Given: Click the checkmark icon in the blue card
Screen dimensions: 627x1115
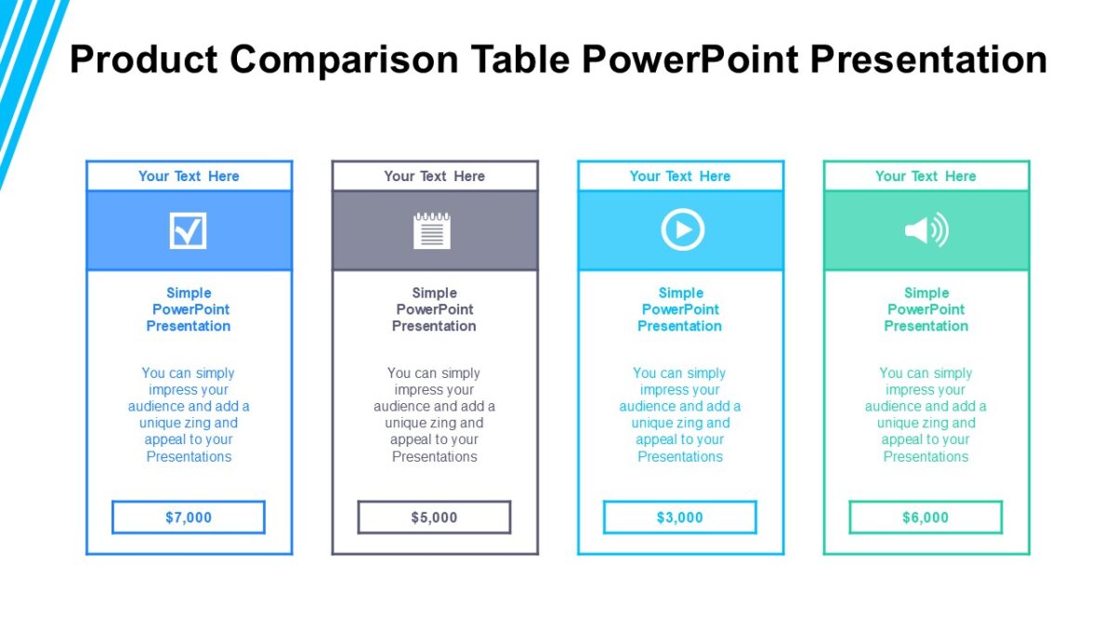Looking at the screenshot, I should click(x=189, y=230).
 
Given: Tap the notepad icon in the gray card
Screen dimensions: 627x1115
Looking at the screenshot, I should click(x=432, y=230).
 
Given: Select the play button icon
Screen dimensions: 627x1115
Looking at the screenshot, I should click(x=682, y=230).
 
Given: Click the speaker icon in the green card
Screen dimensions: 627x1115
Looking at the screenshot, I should click(x=926, y=230).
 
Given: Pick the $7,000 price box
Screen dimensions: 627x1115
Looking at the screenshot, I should click(x=189, y=517).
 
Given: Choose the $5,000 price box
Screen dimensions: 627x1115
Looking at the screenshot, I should click(x=434, y=517).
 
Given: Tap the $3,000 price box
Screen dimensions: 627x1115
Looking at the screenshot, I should click(x=680, y=517).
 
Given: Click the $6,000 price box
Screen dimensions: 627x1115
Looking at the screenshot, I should click(x=925, y=517).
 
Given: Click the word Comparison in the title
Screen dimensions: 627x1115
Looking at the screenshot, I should click(x=345, y=60).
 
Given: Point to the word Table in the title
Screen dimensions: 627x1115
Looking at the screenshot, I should click(x=519, y=60).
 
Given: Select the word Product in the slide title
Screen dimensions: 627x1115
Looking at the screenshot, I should click(x=144, y=60).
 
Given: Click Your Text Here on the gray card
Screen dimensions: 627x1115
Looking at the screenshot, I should click(x=434, y=176).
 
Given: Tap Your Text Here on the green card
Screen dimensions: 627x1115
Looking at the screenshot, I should click(x=925, y=176).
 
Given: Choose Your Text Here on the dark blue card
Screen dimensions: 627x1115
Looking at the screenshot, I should click(x=189, y=176).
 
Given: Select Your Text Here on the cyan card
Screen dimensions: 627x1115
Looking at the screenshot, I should click(x=680, y=176).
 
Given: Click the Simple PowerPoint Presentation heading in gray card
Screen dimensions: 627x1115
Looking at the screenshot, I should click(x=434, y=309).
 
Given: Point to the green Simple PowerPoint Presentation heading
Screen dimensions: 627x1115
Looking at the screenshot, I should click(x=925, y=309).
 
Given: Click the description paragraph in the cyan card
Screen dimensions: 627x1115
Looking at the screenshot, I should click(x=680, y=414).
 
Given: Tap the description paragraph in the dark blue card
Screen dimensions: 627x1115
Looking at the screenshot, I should click(x=189, y=414).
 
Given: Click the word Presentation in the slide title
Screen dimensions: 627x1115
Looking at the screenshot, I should click(x=928, y=60).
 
